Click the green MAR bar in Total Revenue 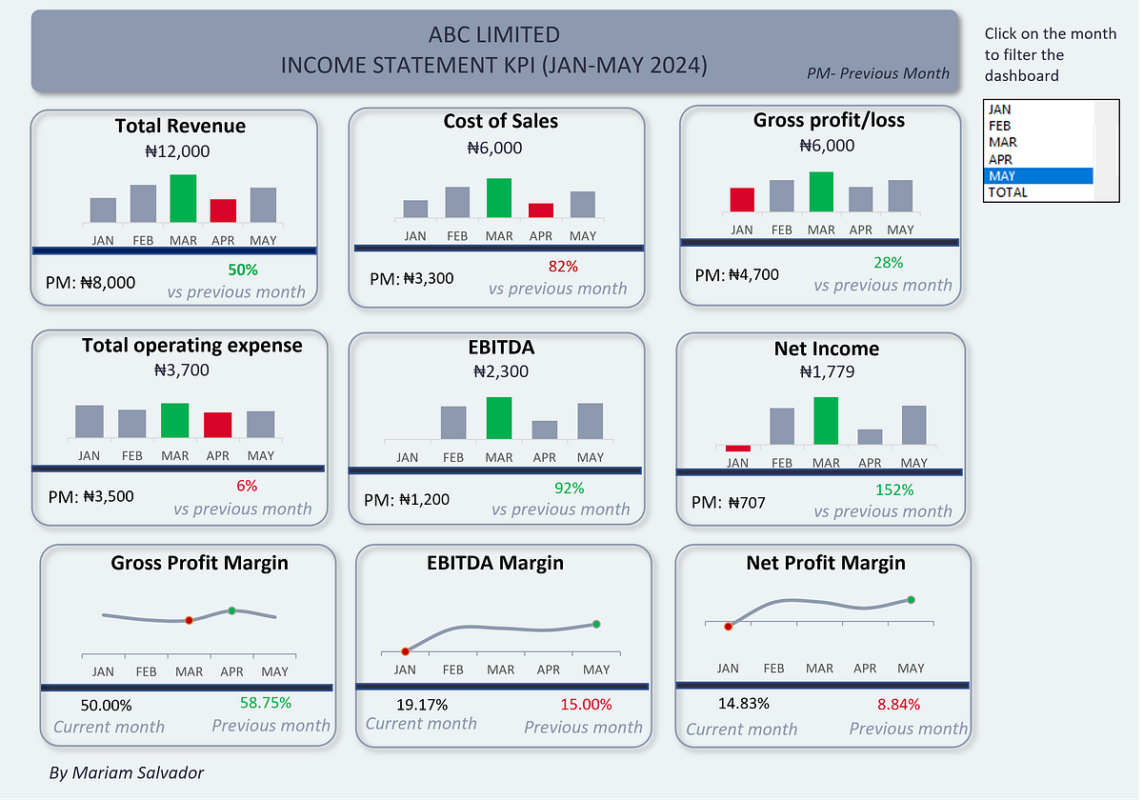click(x=183, y=198)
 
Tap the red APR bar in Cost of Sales click(x=541, y=210)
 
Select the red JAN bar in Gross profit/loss click(x=742, y=199)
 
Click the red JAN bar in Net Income click(x=737, y=448)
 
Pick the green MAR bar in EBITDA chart click(x=499, y=418)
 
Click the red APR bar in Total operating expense click(x=217, y=425)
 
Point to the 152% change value click(x=893, y=490)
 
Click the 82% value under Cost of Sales click(x=563, y=267)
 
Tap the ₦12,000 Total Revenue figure click(x=177, y=150)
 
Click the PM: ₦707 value click(x=729, y=502)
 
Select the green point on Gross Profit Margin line click(x=231, y=610)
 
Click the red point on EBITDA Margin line click(x=405, y=651)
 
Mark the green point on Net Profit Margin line click(x=911, y=600)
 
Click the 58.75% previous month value click(x=265, y=703)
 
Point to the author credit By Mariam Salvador click(x=126, y=772)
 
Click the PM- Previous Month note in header click(x=877, y=73)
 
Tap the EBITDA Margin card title click(x=494, y=563)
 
